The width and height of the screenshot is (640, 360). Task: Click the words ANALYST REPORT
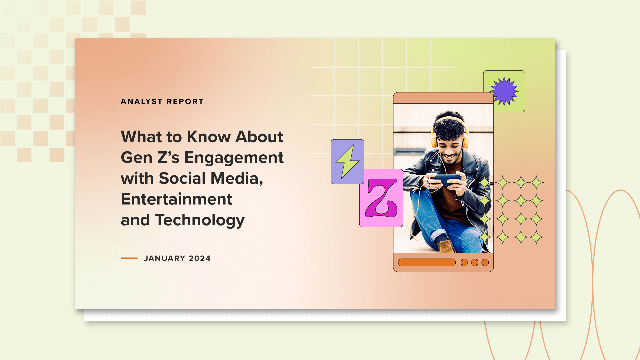point(162,101)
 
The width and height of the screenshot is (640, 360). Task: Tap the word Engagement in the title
point(234,158)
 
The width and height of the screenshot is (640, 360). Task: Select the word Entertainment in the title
point(176,199)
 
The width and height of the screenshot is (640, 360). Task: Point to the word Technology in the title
point(200,220)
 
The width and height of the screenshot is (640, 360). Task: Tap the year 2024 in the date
point(200,258)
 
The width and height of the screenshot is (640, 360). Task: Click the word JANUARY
point(165,258)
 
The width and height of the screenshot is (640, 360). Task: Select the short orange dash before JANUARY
point(129,258)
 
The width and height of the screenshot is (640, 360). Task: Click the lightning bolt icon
point(347,162)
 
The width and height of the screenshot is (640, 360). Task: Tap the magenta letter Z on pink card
point(381,198)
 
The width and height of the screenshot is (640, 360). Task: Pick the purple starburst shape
point(504,91)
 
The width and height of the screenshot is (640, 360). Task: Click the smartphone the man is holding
point(446,180)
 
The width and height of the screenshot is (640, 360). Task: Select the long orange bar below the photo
point(427,263)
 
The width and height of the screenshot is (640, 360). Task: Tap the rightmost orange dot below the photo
point(485,263)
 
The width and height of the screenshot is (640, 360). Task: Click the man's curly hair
point(448,127)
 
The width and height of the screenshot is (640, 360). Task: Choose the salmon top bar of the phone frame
point(443,98)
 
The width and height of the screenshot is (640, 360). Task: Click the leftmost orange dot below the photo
point(464,263)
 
